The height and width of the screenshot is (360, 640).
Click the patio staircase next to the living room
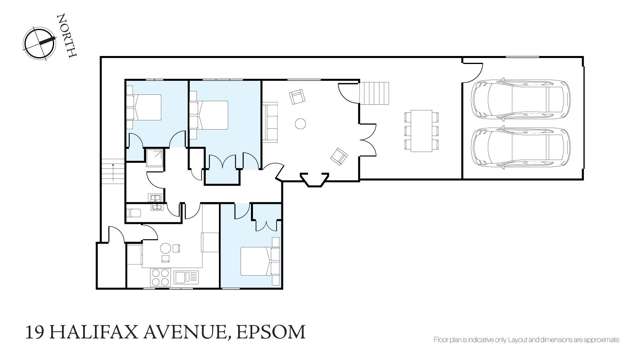[375, 94]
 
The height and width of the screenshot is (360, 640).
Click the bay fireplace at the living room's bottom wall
[314, 180]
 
